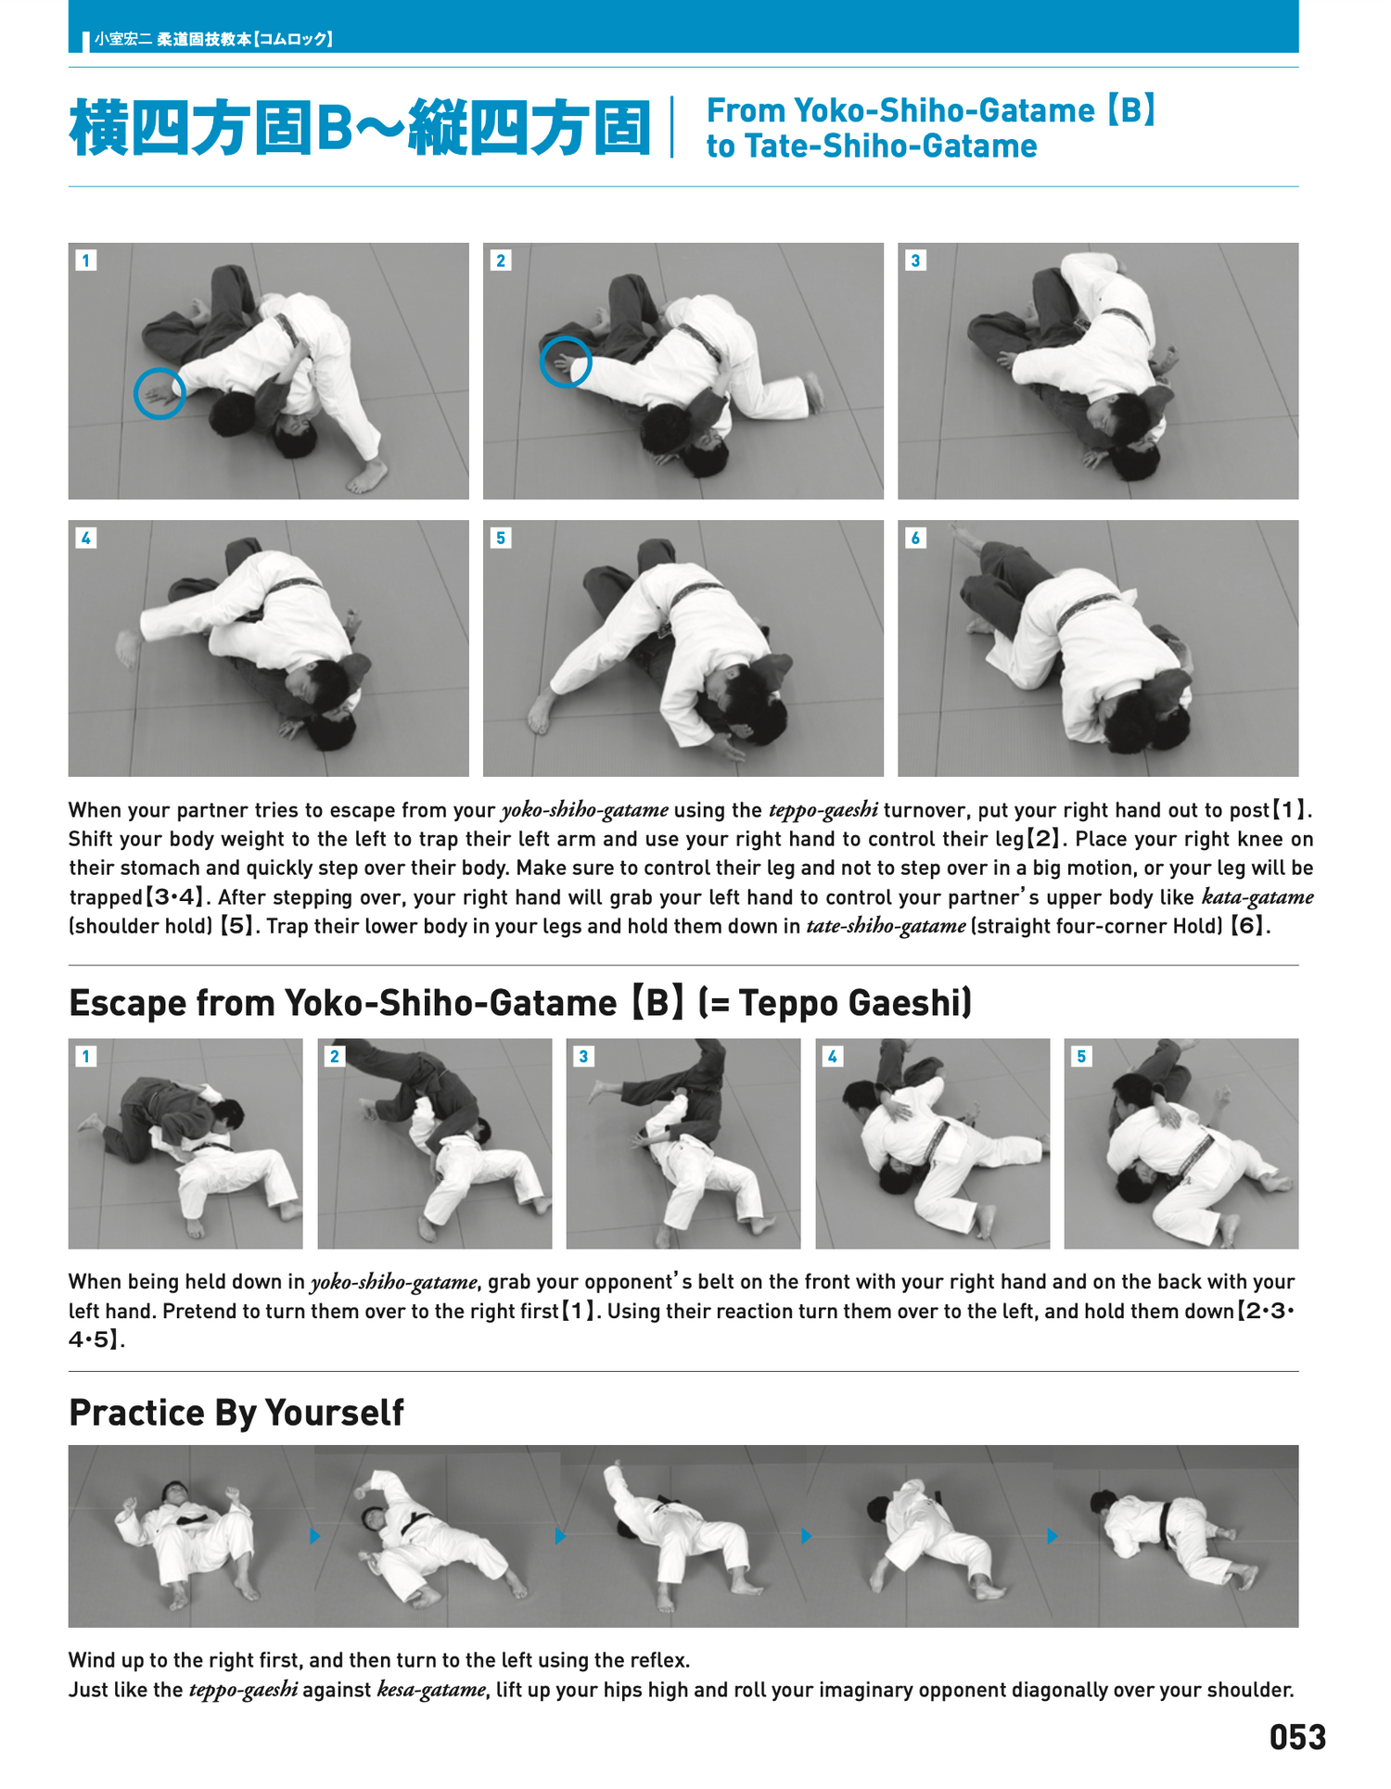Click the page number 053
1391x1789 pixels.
(x=1296, y=1737)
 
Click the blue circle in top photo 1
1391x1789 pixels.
(x=160, y=394)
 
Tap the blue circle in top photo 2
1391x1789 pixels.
(x=566, y=362)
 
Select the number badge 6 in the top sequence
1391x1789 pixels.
(x=915, y=538)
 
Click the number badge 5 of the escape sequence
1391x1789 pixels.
(x=1081, y=1056)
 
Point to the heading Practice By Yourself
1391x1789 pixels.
(x=236, y=1413)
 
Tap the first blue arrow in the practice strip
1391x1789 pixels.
(x=315, y=1536)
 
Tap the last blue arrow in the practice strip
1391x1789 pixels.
(x=1052, y=1536)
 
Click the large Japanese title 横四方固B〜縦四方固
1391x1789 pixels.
(x=360, y=128)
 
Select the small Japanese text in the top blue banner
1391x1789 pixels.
(x=213, y=39)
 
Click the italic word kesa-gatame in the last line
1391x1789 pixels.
(x=430, y=1690)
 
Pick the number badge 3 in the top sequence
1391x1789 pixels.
(x=915, y=260)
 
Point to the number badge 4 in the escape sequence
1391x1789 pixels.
(x=833, y=1056)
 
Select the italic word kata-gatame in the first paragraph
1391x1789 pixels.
(x=1257, y=897)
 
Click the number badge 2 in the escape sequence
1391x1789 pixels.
(x=335, y=1056)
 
